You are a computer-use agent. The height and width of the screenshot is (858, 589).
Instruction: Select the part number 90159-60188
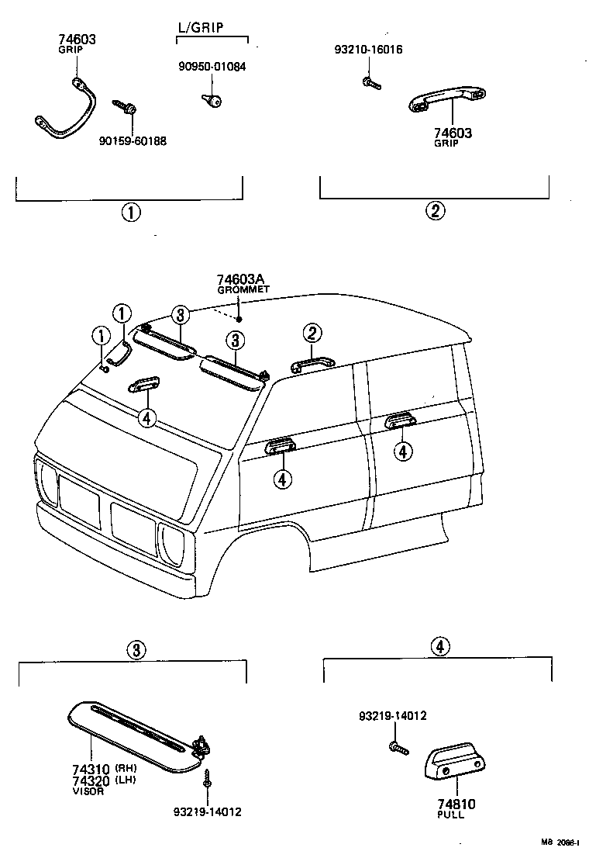click(x=133, y=140)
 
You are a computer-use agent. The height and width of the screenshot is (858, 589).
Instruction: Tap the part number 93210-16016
click(x=368, y=50)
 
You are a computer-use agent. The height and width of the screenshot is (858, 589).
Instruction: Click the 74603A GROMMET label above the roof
click(x=243, y=283)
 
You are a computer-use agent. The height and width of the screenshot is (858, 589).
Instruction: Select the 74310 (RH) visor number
click(x=91, y=770)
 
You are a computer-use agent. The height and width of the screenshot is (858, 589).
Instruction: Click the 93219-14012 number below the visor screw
click(x=208, y=812)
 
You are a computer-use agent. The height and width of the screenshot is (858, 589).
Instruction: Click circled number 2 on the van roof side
click(x=312, y=334)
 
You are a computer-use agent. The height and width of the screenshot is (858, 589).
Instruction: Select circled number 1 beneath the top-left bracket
click(x=129, y=213)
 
